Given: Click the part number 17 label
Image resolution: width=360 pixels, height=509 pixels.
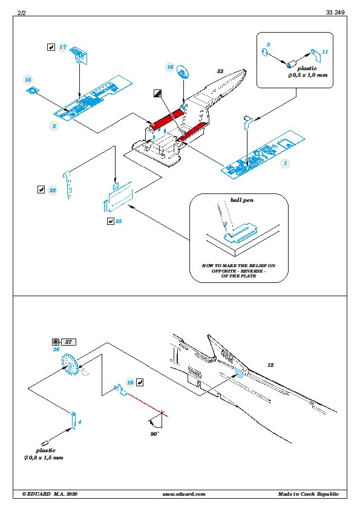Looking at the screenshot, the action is pos(63,47).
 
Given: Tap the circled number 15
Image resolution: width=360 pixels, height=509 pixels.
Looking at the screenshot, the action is pos(28,80).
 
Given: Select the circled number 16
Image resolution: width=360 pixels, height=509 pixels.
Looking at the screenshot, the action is pos(170,67).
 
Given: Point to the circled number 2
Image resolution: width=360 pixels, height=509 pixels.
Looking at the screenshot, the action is pos(54,126).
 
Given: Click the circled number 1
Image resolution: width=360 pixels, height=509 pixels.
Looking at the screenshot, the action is pos(286,163).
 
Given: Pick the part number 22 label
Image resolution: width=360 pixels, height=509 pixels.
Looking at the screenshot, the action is pos(53,190).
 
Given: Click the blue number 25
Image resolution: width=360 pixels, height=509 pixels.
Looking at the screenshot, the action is pos(119,221).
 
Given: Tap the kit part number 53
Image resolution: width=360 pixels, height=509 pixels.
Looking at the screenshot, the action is pos(220,71).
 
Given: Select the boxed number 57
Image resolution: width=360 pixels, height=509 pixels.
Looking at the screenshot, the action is pos(68,342).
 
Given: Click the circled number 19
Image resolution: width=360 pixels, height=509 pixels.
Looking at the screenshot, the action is pos(130,383).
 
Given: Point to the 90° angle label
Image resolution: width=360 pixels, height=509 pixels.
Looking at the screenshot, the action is pos(155,433).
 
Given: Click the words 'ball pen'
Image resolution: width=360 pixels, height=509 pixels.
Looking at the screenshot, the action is pos(242,200).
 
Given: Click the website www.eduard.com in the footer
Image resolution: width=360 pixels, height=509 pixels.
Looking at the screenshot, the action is pos(184,494).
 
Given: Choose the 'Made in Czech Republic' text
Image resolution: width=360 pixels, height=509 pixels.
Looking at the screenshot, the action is pos(309,494).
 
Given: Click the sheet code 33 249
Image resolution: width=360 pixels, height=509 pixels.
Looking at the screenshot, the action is pos(335,12).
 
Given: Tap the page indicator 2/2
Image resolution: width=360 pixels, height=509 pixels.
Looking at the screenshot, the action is pos(21,13).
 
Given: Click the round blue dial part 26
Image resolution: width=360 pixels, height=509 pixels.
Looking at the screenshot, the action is pos(69,365).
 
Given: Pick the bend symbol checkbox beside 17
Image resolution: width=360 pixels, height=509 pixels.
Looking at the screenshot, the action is pos(51,47).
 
